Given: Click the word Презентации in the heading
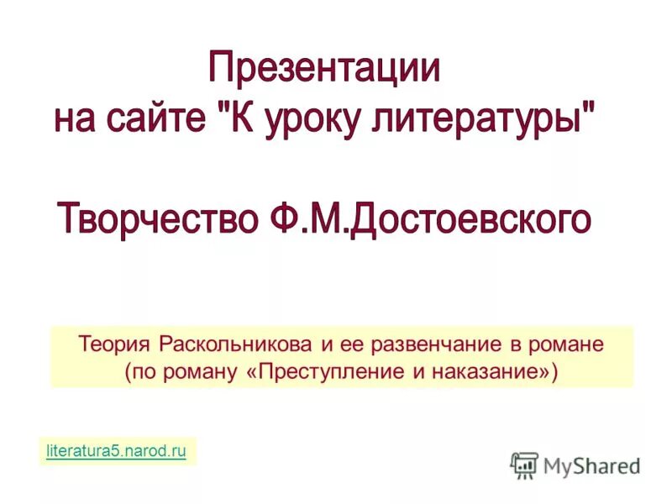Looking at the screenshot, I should click(x=324, y=68).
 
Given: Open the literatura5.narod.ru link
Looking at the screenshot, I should click(x=114, y=451).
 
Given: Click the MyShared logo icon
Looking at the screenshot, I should click(x=524, y=465).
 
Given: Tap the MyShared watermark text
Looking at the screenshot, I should click(x=591, y=465).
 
